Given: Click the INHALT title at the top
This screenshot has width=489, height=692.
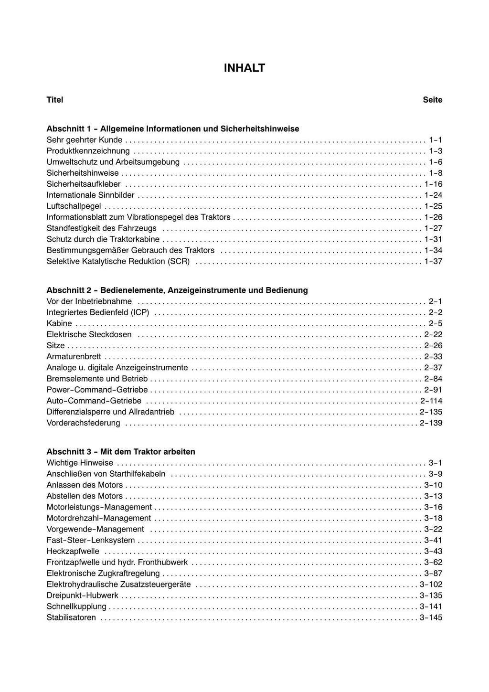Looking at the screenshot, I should pyautogui.click(x=244, y=68).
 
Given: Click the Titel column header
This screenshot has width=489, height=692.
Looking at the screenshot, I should pyautogui.click(x=55, y=100).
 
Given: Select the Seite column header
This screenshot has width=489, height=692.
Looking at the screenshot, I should pyautogui.click(x=432, y=100).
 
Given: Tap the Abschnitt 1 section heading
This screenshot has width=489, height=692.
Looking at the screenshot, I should pyautogui.click(x=173, y=129).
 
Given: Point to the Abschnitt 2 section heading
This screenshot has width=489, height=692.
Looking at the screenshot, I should pyautogui.click(x=177, y=290).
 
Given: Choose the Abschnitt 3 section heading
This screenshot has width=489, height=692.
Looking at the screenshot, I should pyautogui.click(x=121, y=452).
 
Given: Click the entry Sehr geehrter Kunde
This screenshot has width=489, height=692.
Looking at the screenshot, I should pyautogui.click(x=85, y=140).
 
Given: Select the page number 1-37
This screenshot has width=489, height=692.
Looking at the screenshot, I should pyautogui.click(x=433, y=261).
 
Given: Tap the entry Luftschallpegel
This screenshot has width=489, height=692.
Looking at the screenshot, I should pyautogui.click(x=74, y=206).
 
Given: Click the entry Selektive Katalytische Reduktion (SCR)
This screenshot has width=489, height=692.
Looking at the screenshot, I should pyautogui.click(x=118, y=261).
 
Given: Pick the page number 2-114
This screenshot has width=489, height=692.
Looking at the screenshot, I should pyautogui.click(x=431, y=401).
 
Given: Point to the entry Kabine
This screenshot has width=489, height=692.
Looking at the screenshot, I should pyautogui.click(x=59, y=323).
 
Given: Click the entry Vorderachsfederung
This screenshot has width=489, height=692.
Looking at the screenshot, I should pyautogui.click(x=84, y=423).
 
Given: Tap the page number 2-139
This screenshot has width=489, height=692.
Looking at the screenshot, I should pyautogui.click(x=431, y=423).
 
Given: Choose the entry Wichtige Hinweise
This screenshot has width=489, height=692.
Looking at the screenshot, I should pyautogui.click(x=80, y=463).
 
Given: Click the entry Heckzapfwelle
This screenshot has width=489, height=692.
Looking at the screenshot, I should pyautogui.click(x=73, y=551).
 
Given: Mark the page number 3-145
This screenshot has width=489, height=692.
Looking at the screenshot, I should pyautogui.click(x=431, y=617).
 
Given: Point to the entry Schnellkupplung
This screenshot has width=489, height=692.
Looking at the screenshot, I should pyautogui.click(x=76, y=607).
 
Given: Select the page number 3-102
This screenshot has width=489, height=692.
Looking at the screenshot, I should pyautogui.click(x=431, y=584).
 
